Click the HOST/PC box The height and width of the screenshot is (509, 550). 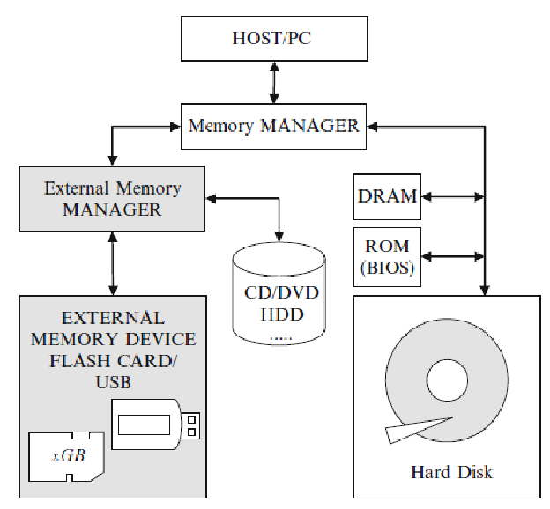tap(273, 39)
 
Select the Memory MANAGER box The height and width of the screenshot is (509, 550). tap(273, 126)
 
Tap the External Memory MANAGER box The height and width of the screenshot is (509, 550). tap(112, 199)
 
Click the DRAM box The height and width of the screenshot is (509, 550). tap(387, 196)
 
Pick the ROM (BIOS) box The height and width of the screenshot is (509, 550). tap(387, 257)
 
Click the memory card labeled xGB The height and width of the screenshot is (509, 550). tap(67, 456)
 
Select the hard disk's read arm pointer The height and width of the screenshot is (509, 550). tap(414, 429)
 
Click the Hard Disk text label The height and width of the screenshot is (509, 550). tap(451, 472)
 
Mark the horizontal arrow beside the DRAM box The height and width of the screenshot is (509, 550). tap(451, 195)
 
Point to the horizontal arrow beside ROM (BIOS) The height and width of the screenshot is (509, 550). tap(451, 257)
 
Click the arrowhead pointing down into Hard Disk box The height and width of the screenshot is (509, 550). tap(483, 287)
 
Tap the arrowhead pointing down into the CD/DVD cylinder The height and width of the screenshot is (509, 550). tap(279, 235)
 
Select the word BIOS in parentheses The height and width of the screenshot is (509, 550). tap(388, 269)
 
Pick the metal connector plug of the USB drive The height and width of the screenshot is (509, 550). tap(191, 425)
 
